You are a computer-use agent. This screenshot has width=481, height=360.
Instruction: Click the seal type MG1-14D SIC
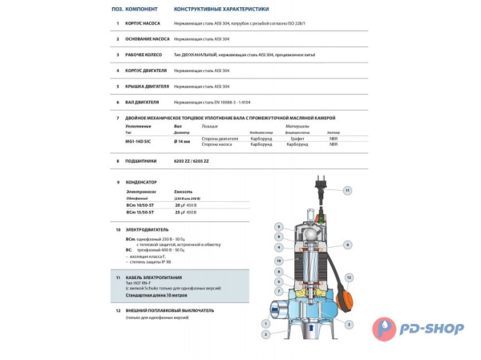(141, 140)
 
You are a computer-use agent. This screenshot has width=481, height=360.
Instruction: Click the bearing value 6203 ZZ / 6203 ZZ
(193, 161)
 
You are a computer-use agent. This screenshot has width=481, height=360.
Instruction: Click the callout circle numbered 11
(347, 191)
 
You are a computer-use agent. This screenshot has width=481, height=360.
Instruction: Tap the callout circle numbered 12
(348, 278)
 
